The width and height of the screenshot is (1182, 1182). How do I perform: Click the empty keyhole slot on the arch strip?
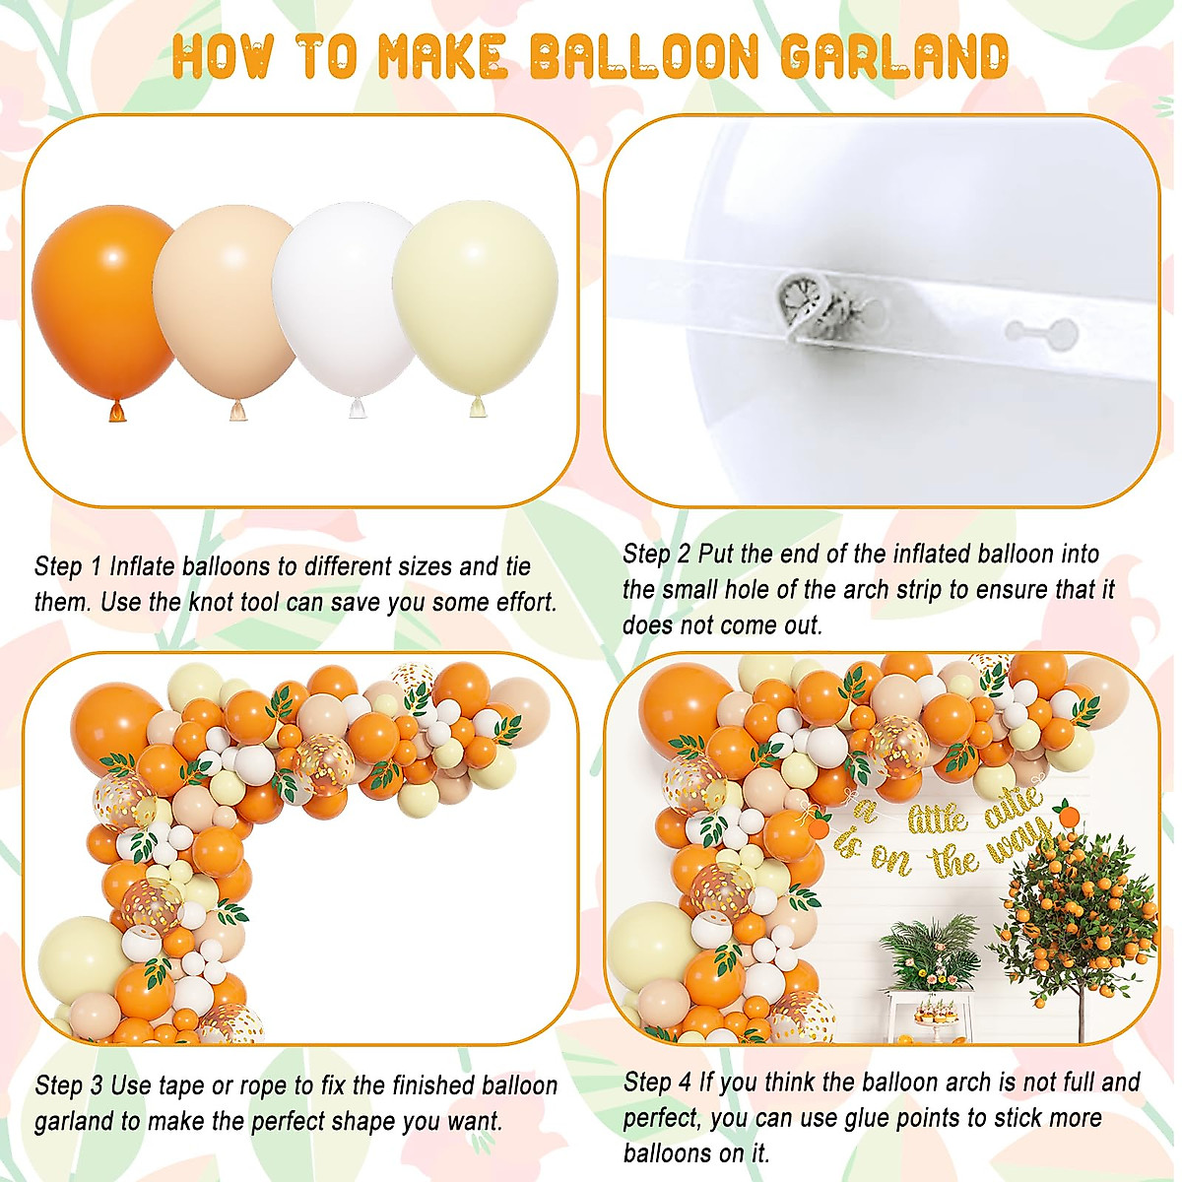pos(1041,330)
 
